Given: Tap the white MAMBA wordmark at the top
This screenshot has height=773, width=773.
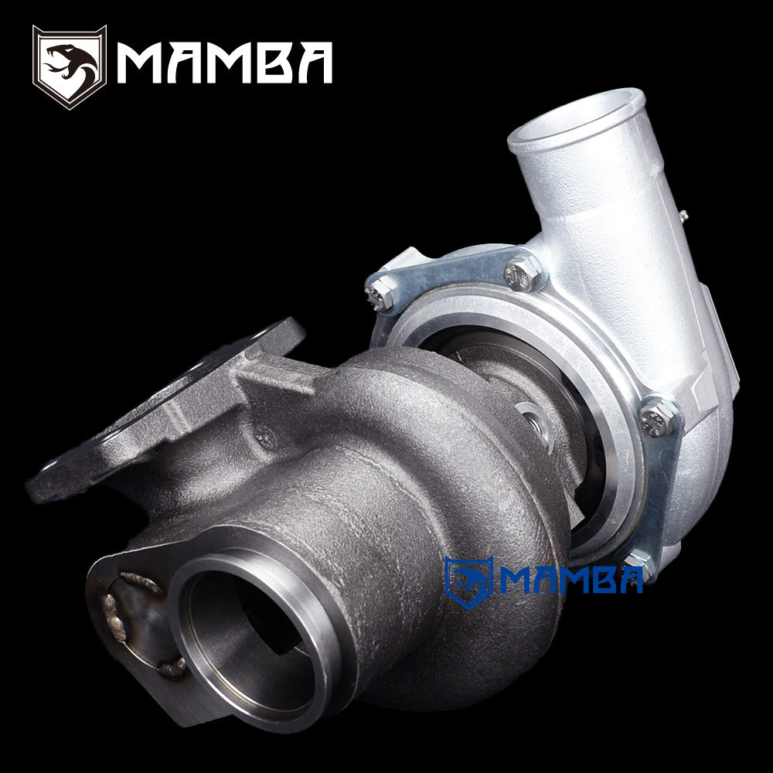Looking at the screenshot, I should tap(224, 63).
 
